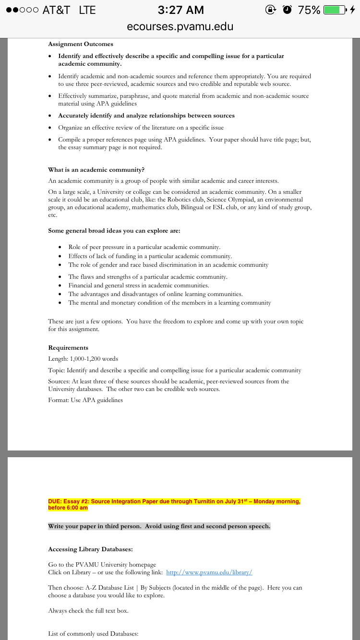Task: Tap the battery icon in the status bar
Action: point(335,10)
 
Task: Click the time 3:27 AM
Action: point(180,10)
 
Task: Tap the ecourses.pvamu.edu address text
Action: point(180,27)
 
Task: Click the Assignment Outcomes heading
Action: point(81,44)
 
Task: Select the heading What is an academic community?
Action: point(96,170)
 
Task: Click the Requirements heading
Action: point(68,348)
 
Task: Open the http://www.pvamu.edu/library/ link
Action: point(209,572)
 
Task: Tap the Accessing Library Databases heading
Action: point(90,549)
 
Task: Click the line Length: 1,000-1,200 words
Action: point(83,359)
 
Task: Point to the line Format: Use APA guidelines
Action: point(85,400)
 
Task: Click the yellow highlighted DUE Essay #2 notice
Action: point(174,504)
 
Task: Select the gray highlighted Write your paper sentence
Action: point(159,526)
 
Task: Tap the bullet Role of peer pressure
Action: point(144,247)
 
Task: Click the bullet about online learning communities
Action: point(155,294)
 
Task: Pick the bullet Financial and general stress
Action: point(138,285)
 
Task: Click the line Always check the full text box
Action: point(88,611)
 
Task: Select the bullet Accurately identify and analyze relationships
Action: point(146,116)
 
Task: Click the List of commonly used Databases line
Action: point(93,634)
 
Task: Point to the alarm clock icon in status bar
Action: point(288,10)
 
